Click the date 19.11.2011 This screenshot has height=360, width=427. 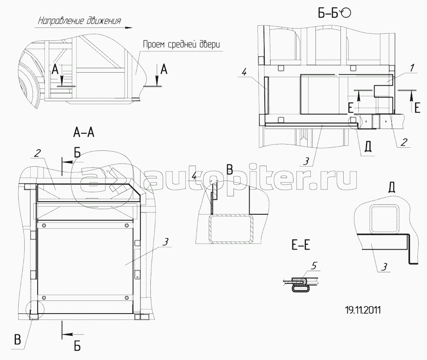tap(363, 310)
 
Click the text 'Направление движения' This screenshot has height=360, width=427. tap(79, 21)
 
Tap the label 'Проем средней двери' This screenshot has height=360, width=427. tap(181, 44)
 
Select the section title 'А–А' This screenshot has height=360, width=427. tap(84, 133)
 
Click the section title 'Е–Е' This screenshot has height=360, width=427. tap(301, 246)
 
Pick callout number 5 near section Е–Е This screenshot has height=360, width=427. tap(314, 266)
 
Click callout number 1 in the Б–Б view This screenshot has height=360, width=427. tap(412, 67)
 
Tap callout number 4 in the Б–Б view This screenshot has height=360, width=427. tap(244, 73)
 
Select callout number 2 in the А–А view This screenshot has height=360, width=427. tap(37, 153)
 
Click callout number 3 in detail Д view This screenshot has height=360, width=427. tap(384, 267)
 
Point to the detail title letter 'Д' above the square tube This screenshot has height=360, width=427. tap(392, 188)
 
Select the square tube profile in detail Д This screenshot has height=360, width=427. tap(381, 219)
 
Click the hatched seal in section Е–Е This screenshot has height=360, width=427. tap(299, 280)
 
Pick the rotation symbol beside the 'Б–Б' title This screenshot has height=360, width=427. tap(346, 13)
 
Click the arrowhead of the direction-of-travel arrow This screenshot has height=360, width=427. tap(129, 28)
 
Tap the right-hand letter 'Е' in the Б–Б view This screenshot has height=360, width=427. tap(417, 108)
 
